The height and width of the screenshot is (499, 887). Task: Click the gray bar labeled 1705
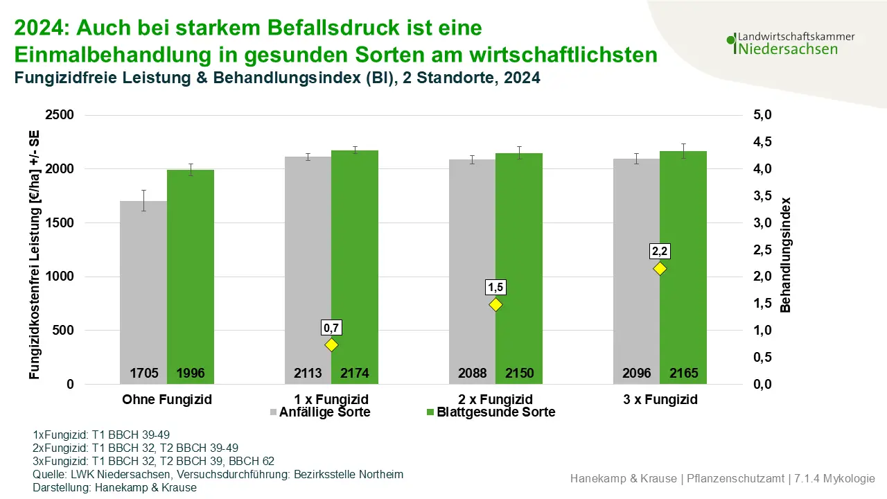[x=143, y=291]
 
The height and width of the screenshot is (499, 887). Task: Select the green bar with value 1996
[x=191, y=277]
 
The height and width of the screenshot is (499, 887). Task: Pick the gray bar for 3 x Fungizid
[x=636, y=270]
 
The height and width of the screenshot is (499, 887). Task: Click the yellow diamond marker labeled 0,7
[x=331, y=344]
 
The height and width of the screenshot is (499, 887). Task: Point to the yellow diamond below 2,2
[x=660, y=268]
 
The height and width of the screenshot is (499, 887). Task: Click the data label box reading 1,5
[x=495, y=286]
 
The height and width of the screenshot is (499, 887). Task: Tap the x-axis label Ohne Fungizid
[x=167, y=399]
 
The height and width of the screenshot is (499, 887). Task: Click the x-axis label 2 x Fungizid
[x=495, y=399]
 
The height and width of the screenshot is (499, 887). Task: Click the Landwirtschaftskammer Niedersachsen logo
[x=790, y=43]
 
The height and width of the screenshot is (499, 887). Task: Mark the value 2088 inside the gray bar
[x=472, y=374]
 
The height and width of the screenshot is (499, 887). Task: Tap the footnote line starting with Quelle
[x=218, y=475]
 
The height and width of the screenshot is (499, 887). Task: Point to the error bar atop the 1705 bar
[x=143, y=200]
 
